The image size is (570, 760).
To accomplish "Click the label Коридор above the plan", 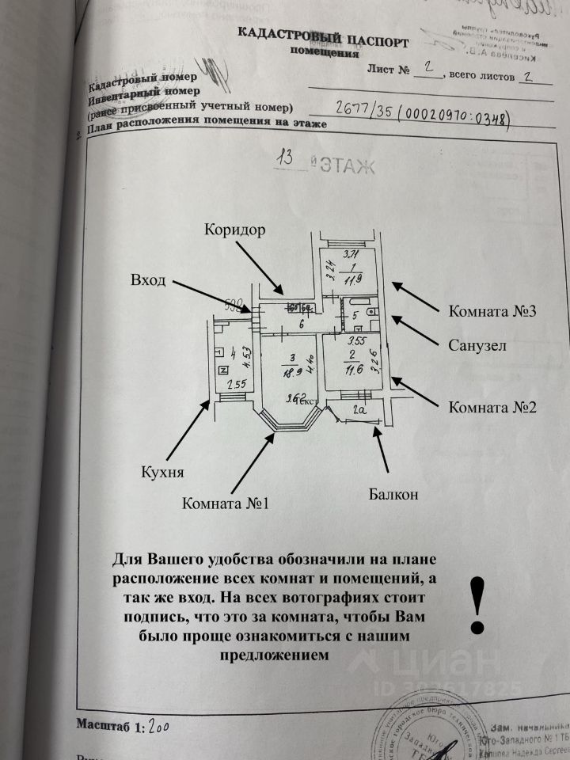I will click(234, 230).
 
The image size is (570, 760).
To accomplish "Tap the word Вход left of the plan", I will click(148, 281).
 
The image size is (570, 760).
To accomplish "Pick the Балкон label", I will click(393, 496).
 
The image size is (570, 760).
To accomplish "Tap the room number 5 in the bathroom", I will click(355, 317).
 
